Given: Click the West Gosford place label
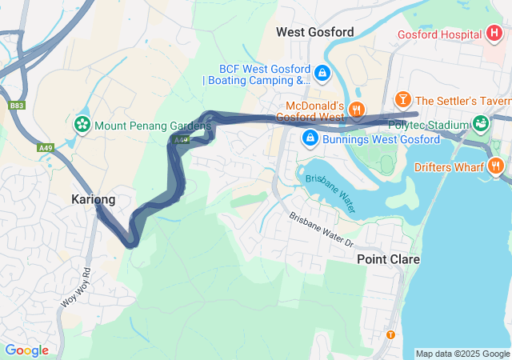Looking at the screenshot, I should click(314, 32).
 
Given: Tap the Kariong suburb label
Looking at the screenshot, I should click(93, 199).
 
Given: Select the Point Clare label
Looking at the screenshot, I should click(388, 259).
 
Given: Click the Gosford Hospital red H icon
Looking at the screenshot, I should click(495, 34).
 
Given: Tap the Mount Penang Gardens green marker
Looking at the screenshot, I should click(81, 125).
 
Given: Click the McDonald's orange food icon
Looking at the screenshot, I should click(357, 110).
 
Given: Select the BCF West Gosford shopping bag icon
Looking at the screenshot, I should click(322, 73).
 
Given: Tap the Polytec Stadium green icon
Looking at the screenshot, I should click(480, 124).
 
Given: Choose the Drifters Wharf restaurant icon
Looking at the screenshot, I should click(496, 166).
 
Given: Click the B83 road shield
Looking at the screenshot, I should click(16, 105).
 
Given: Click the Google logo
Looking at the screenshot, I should click(26, 350).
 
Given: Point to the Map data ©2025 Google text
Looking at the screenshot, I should click(462, 354).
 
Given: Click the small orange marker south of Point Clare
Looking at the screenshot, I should click(390, 334).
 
